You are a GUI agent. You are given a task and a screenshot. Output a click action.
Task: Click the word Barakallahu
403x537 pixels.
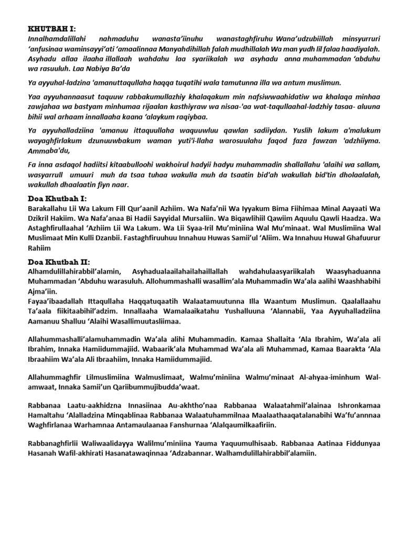point(47,208)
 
